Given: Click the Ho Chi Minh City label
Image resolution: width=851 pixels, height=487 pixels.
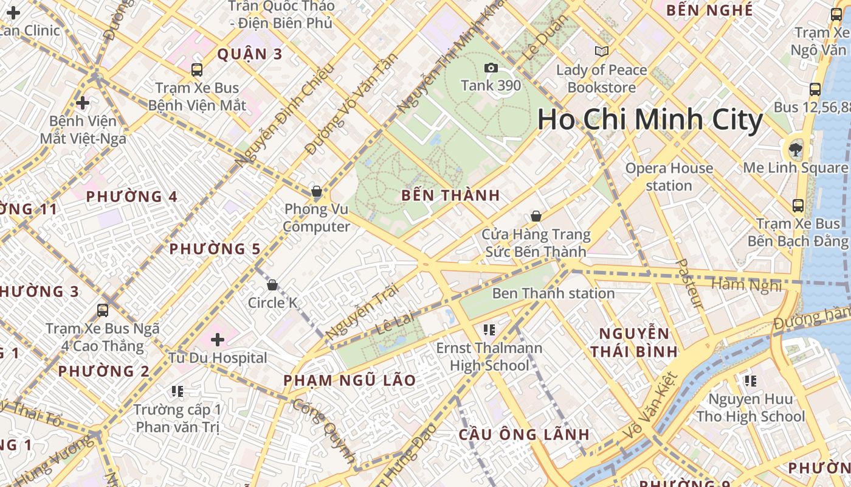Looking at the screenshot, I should pyautogui.click(x=650, y=120).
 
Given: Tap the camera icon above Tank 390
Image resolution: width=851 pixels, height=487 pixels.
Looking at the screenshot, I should pyautogui.click(x=491, y=68).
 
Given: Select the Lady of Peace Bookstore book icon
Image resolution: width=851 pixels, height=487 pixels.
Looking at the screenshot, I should pyautogui.click(x=602, y=52).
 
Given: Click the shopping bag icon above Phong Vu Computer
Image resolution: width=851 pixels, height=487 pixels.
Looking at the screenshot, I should pyautogui.click(x=317, y=191).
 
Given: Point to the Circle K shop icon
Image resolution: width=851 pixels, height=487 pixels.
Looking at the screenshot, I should pyautogui.click(x=272, y=285).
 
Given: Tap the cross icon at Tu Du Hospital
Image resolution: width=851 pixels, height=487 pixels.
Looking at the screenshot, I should pyautogui.click(x=217, y=340).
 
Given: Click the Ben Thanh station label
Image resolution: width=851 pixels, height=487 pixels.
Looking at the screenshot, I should pyautogui.click(x=553, y=293).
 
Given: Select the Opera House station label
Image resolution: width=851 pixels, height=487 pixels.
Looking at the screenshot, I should pyautogui.click(x=669, y=177).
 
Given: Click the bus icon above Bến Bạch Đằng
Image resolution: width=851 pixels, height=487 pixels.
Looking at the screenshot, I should pyautogui.click(x=798, y=206).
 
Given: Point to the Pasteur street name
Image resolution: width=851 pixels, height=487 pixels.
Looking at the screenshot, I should pyautogui.click(x=690, y=284).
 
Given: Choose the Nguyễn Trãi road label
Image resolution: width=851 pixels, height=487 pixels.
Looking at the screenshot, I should pyautogui.click(x=357, y=312).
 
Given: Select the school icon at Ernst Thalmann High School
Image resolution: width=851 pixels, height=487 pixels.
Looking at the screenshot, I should pyautogui.click(x=489, y=330).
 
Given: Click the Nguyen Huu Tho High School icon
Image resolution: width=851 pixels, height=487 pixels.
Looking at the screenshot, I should pyautogui.click(x=751, y=381).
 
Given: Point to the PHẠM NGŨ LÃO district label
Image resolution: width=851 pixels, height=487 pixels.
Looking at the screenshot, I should pyautogui.click(x=350, y=380).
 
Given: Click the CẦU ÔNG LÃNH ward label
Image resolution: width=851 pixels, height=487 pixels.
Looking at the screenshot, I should pyautogui.click(x=524, y=435).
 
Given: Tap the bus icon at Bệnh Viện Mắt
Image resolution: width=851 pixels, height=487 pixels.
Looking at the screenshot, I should pyautogui.click(x=197, y=69).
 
